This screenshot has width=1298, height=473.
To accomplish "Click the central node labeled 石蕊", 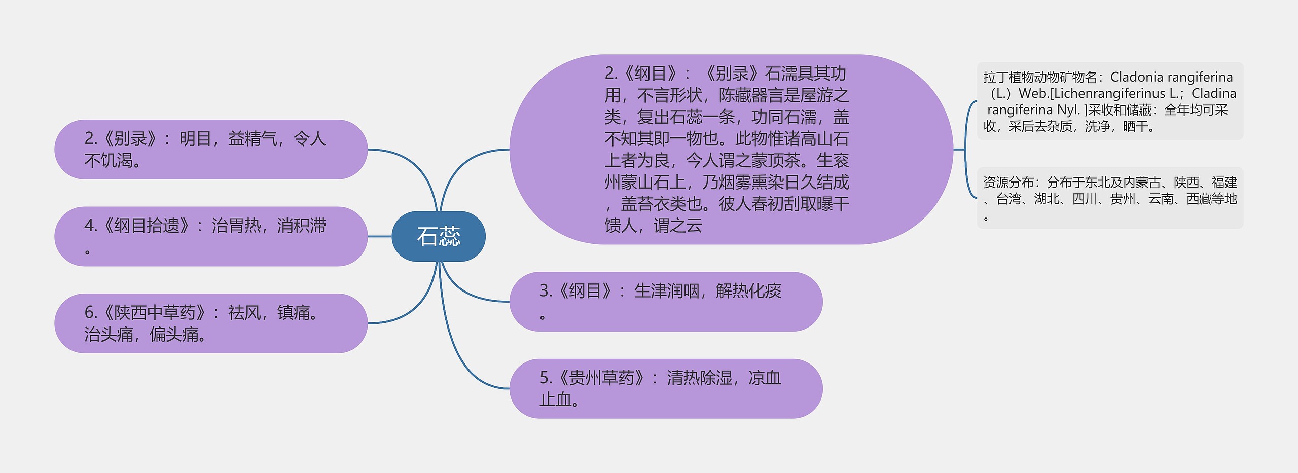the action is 439,236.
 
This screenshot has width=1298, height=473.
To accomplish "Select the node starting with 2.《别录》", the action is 211,150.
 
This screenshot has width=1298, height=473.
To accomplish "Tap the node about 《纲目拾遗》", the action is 211,236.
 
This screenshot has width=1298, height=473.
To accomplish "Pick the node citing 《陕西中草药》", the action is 211,323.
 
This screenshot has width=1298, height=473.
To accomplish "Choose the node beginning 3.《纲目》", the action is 666,302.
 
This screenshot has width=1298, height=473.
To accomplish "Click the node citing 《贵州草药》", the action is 666,389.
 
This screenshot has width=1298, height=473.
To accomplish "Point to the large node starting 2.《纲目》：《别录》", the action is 731,150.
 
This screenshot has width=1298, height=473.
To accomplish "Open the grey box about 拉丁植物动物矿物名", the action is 1110,101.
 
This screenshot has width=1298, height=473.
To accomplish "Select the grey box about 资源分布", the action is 1110,198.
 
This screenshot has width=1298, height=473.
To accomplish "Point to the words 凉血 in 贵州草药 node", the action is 765,378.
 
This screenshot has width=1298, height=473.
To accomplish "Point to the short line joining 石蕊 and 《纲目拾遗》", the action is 380,236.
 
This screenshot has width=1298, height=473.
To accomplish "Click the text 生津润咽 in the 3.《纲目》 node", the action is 666,291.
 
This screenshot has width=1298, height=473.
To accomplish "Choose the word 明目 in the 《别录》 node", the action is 195,139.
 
